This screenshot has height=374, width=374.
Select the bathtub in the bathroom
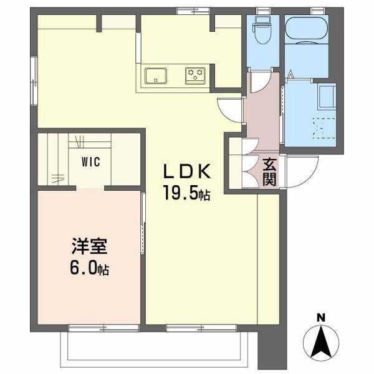[306, 29]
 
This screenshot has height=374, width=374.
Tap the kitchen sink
[156, 76]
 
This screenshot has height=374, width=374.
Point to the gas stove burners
[195, 75]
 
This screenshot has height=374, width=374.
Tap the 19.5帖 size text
[186, 193]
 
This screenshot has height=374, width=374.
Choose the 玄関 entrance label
[269, 171]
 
